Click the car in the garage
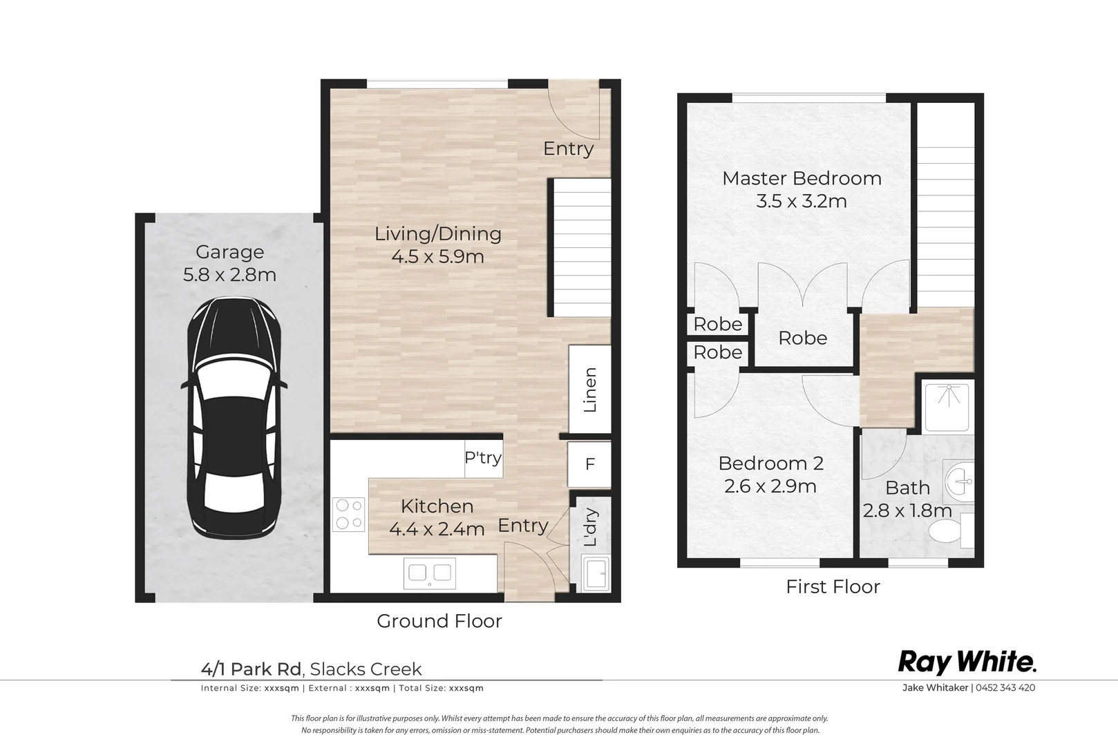pyautogui.click(x=234, y=418)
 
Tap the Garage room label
pyautogui.click(x=229, y=252)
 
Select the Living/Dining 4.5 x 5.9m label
pyautogui.click(x=437, y=245)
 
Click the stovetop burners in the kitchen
pyautogui.click(x=349, y=514)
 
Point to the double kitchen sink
pyautogui.click(x=429, y=573)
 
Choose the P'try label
pyautogui.click(x=482, y=457)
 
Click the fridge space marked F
pyautogui.click(x=589, y=464)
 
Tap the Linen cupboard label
pyautogui.click(x=590, y=390)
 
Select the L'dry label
pyautogui.click(x=590, y=527)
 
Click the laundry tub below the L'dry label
pyautogui.click(x=596, y=573)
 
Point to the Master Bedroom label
pyautogui.click(x=802, y=178)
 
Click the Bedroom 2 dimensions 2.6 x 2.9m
pyautogui.click(x=770, y=486)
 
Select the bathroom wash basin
pyautogui.click(x=958, y=481)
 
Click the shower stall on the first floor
pyautogui.click(x=947, y=405)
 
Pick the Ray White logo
pyautogui.click(x=967, y=662)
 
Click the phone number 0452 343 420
pyautogui.click(x=1005, y=687)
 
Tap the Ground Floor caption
pyautogui.click(x=439, y=621)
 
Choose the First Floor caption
pyautogui.click(x=833, y=586)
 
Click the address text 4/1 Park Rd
pyautogui.click(x=251, y=669)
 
